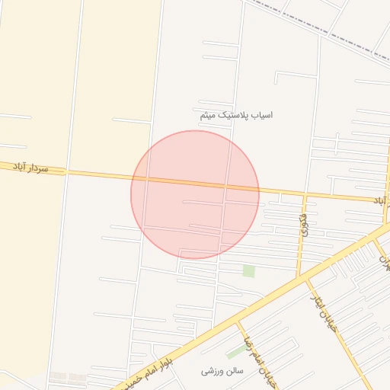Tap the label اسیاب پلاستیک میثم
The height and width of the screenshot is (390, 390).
tap(235, 115)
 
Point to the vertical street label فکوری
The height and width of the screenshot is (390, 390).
tap(304, 224)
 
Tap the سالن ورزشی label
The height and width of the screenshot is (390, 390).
tap(222, 371)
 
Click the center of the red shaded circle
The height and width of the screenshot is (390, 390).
tap(195, 194)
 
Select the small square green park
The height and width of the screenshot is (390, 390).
tap(248, 270)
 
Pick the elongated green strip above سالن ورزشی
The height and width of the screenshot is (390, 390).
tap(236, 350)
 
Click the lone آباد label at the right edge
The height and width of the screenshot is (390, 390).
tap(379, 200)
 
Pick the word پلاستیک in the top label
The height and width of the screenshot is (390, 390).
tap(233, 115)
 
